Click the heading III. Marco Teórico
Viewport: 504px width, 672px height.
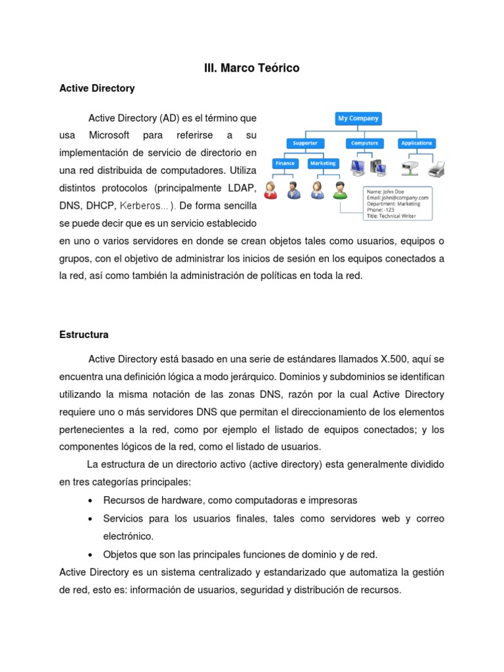click(x=252, y=68)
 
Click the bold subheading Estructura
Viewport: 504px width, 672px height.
click(x=83, y=335)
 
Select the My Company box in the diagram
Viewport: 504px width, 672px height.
click(x=358, y=119)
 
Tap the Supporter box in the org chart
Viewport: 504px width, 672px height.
click(x=305, y=143)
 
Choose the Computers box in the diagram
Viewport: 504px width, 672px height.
click(x=364, y=143)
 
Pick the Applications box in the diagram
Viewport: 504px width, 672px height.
click(x=417, y=143)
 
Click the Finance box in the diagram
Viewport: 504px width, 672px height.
click(x=285, y=163)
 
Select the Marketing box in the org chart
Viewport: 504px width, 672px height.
click(x=322, y=163)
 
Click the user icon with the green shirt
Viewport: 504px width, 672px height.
click(x=339, y=190)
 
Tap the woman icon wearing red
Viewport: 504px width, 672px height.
click(x=270, y=190)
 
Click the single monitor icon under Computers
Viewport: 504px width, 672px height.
click(x=358, y=168)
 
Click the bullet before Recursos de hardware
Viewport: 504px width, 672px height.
click(x=89, y=501)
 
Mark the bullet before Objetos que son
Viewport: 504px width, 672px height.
click(x=89, y=555)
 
